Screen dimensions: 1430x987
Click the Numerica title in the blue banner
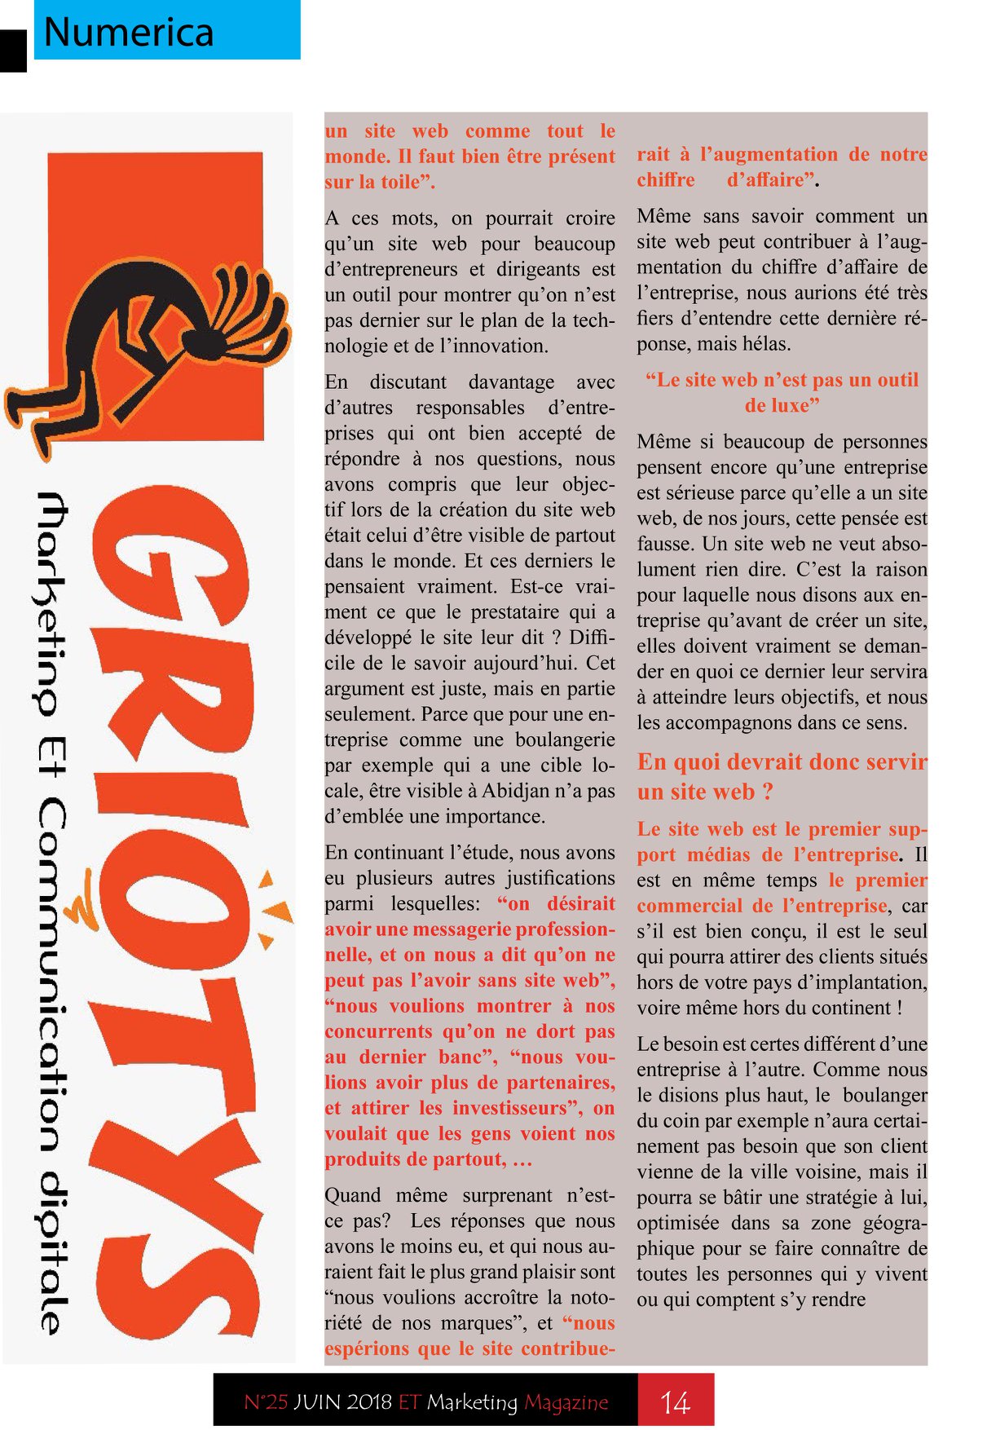pos(128,33)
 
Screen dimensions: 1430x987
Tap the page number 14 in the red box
pos(675,1402)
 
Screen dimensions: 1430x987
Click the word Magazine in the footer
pos(566,1402)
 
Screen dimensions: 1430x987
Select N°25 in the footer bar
pos(266,1402)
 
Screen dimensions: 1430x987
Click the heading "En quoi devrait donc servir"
pos(782,762)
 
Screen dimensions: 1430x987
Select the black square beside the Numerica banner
pos(13,51)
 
